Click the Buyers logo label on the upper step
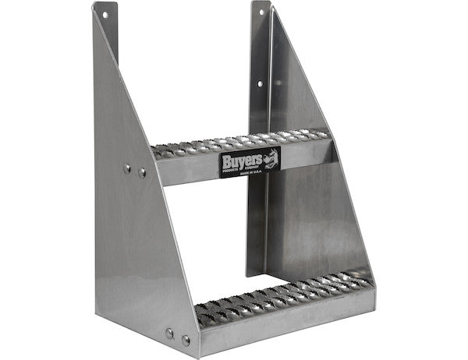[249, 162]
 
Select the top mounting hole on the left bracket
[103, 14]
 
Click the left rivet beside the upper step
[127, 168]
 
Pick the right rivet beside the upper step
[142, 172]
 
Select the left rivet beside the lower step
[169, 334]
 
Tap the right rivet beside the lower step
[186, 341]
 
